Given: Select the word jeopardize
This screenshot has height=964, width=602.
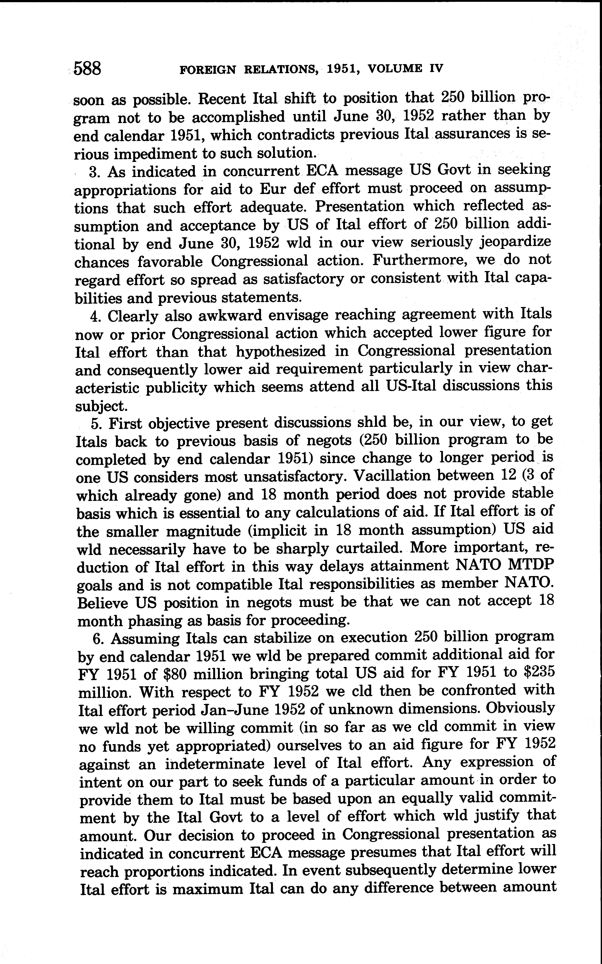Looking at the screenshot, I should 514,242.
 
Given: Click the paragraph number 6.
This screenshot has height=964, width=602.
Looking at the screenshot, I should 98,639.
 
